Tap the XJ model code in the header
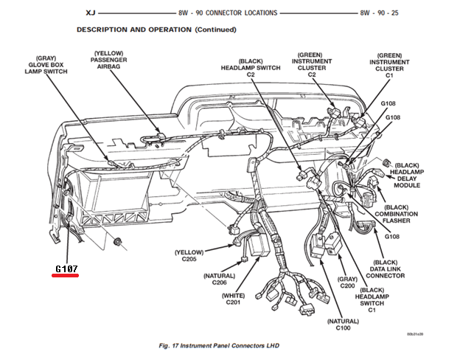tap(87, 13)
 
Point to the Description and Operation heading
tap(156, 30)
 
